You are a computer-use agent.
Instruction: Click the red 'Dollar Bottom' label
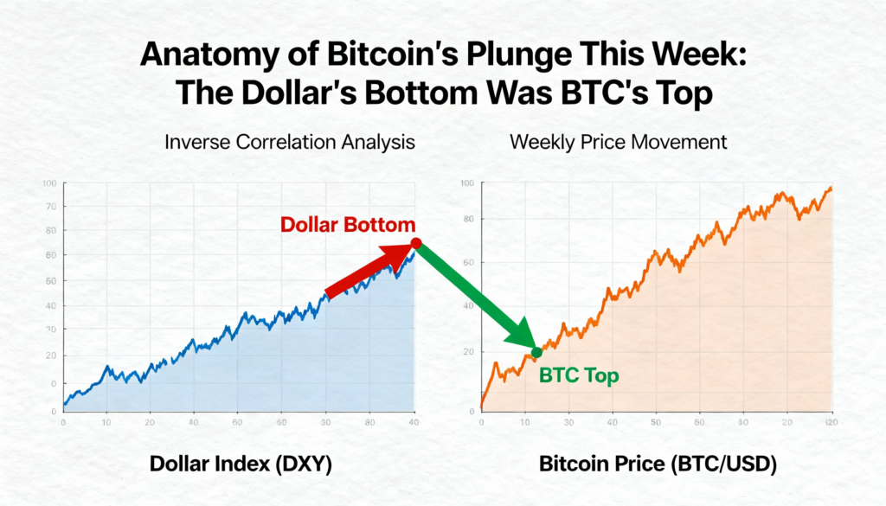(x=347, y=225)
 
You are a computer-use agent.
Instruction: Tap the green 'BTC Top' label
(x=579, y=375)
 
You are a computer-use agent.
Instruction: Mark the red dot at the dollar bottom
(x=415, y=243)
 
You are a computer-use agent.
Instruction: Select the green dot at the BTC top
(x=536, y=352)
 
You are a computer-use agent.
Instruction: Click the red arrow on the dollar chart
(x=363, y=273)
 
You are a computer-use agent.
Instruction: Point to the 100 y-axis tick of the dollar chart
(x=48, y=183)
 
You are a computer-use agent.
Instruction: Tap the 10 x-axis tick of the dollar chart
(x=106, y=423)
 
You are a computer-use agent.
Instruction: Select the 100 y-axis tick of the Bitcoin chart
(x=467, y=184)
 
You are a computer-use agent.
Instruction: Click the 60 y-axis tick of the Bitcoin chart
(x=469, y=262)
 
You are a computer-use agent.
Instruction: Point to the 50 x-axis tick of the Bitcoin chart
(x=656, y=422)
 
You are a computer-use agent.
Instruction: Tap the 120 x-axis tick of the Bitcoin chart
(x=831, y=421)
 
